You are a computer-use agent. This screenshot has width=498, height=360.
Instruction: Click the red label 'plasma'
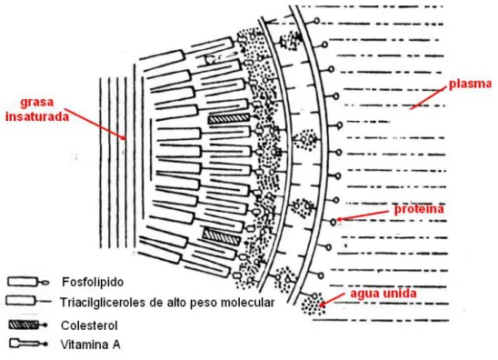point(470,85)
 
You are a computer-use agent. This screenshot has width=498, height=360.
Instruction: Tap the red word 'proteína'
point(419,209)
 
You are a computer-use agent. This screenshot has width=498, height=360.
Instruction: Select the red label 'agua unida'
point(383,293)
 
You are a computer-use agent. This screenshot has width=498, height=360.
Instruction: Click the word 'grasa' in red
point(37,103)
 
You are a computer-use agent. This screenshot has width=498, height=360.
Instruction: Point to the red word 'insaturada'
point(37,116)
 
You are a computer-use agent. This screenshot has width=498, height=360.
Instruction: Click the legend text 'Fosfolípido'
point(93,282)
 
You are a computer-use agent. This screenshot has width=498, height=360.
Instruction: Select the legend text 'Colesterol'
point(89,325)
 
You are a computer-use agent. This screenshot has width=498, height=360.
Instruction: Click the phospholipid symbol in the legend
point(28,282)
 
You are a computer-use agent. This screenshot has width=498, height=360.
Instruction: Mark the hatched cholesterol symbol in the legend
point(28,325)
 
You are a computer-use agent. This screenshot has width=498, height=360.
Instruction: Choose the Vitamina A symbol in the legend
point(28,344)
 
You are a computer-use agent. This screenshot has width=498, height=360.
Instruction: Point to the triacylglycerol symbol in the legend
point(28,301)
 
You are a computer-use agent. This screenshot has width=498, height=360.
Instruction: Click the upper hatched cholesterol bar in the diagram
point(229,118)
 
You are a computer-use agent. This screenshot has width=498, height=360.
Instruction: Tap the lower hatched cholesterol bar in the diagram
point(222,237)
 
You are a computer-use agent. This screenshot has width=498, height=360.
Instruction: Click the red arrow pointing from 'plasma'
point(426,99)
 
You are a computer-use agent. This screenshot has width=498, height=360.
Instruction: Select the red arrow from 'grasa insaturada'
point(95,125)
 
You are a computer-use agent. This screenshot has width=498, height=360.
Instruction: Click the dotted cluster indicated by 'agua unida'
point(314,304)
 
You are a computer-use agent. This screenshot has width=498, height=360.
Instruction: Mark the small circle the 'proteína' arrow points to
point(333,222)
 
